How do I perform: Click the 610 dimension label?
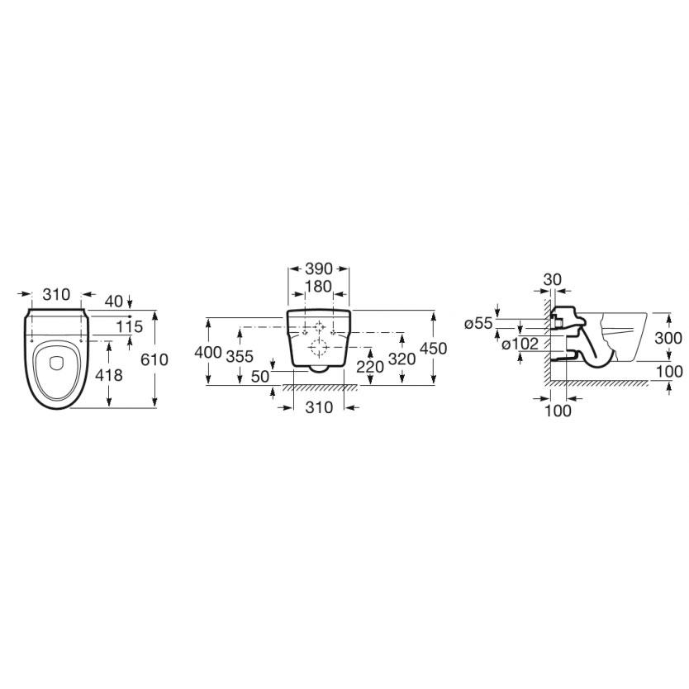[154, 359]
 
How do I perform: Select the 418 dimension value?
[109, 375]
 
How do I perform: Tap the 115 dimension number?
[130, 326]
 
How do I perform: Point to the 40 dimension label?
[114, 301]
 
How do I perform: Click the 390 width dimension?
[319, 268]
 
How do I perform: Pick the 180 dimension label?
[319, 287]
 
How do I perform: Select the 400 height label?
[208, 352]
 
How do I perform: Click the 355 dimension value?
[240, 356]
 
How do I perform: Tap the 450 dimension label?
[433, 349]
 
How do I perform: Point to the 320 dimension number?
[402, 359]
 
